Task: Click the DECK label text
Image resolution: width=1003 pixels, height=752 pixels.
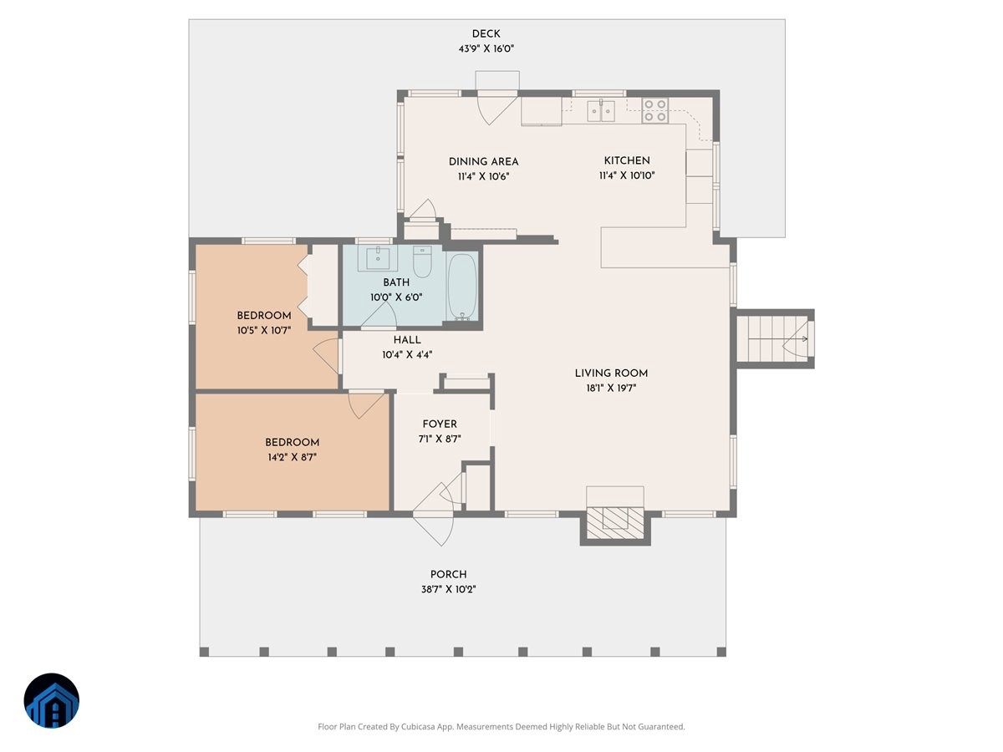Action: point(486,33)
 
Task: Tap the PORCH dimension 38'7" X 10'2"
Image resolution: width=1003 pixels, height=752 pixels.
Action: point(448,589)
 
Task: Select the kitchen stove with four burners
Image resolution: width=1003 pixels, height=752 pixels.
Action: point(654,110)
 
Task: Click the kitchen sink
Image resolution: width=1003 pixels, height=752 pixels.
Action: point(601,109)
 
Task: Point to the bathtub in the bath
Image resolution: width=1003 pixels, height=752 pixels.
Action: point(461,286)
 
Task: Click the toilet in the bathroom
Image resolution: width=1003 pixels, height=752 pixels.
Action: point(422,262)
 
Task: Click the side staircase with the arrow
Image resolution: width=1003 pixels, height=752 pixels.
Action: point(773,338)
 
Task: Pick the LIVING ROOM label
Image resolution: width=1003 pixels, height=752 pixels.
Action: point(611,373)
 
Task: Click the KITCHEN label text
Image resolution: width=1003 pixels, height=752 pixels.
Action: point(627,160)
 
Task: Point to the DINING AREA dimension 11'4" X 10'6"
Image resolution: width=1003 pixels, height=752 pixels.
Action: point(483,176)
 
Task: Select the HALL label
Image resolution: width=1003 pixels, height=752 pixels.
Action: point(407,340)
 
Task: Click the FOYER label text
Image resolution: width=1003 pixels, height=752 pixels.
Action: point(440,424)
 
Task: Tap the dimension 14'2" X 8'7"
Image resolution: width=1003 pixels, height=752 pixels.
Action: point(292,457)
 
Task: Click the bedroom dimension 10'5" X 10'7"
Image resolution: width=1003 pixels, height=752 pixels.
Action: point(264,330)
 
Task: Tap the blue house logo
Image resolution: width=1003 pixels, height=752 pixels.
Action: point(52,700)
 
